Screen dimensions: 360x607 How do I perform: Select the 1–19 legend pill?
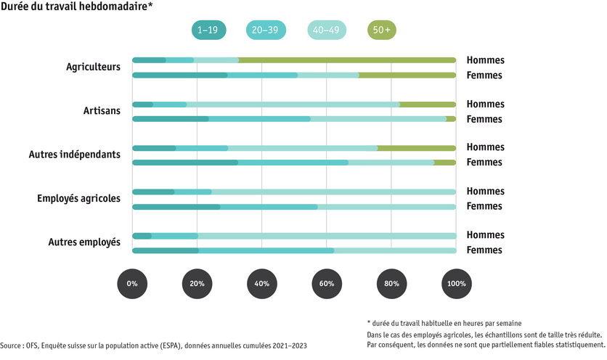click(209, 30)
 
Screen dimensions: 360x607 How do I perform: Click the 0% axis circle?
click(132, 284)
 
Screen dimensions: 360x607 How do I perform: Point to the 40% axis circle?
click(262, 284)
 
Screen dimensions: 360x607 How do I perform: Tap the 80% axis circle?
click(391, 284)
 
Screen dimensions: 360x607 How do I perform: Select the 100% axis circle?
click(456, 284)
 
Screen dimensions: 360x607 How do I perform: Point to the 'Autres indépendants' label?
click(74, 155)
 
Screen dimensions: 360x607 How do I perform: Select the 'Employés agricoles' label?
click(78, 198)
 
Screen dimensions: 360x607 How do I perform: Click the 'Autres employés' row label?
click(84, 242)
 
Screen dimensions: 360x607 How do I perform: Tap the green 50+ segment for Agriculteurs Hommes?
click(347, 60)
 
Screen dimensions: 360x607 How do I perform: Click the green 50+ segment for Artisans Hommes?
click(428, 105)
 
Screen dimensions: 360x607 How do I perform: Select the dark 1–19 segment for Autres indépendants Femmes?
click(185, 163)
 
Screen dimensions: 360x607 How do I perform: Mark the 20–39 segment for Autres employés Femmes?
click(266, 250)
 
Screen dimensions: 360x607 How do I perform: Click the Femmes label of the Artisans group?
click(484, 119)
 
